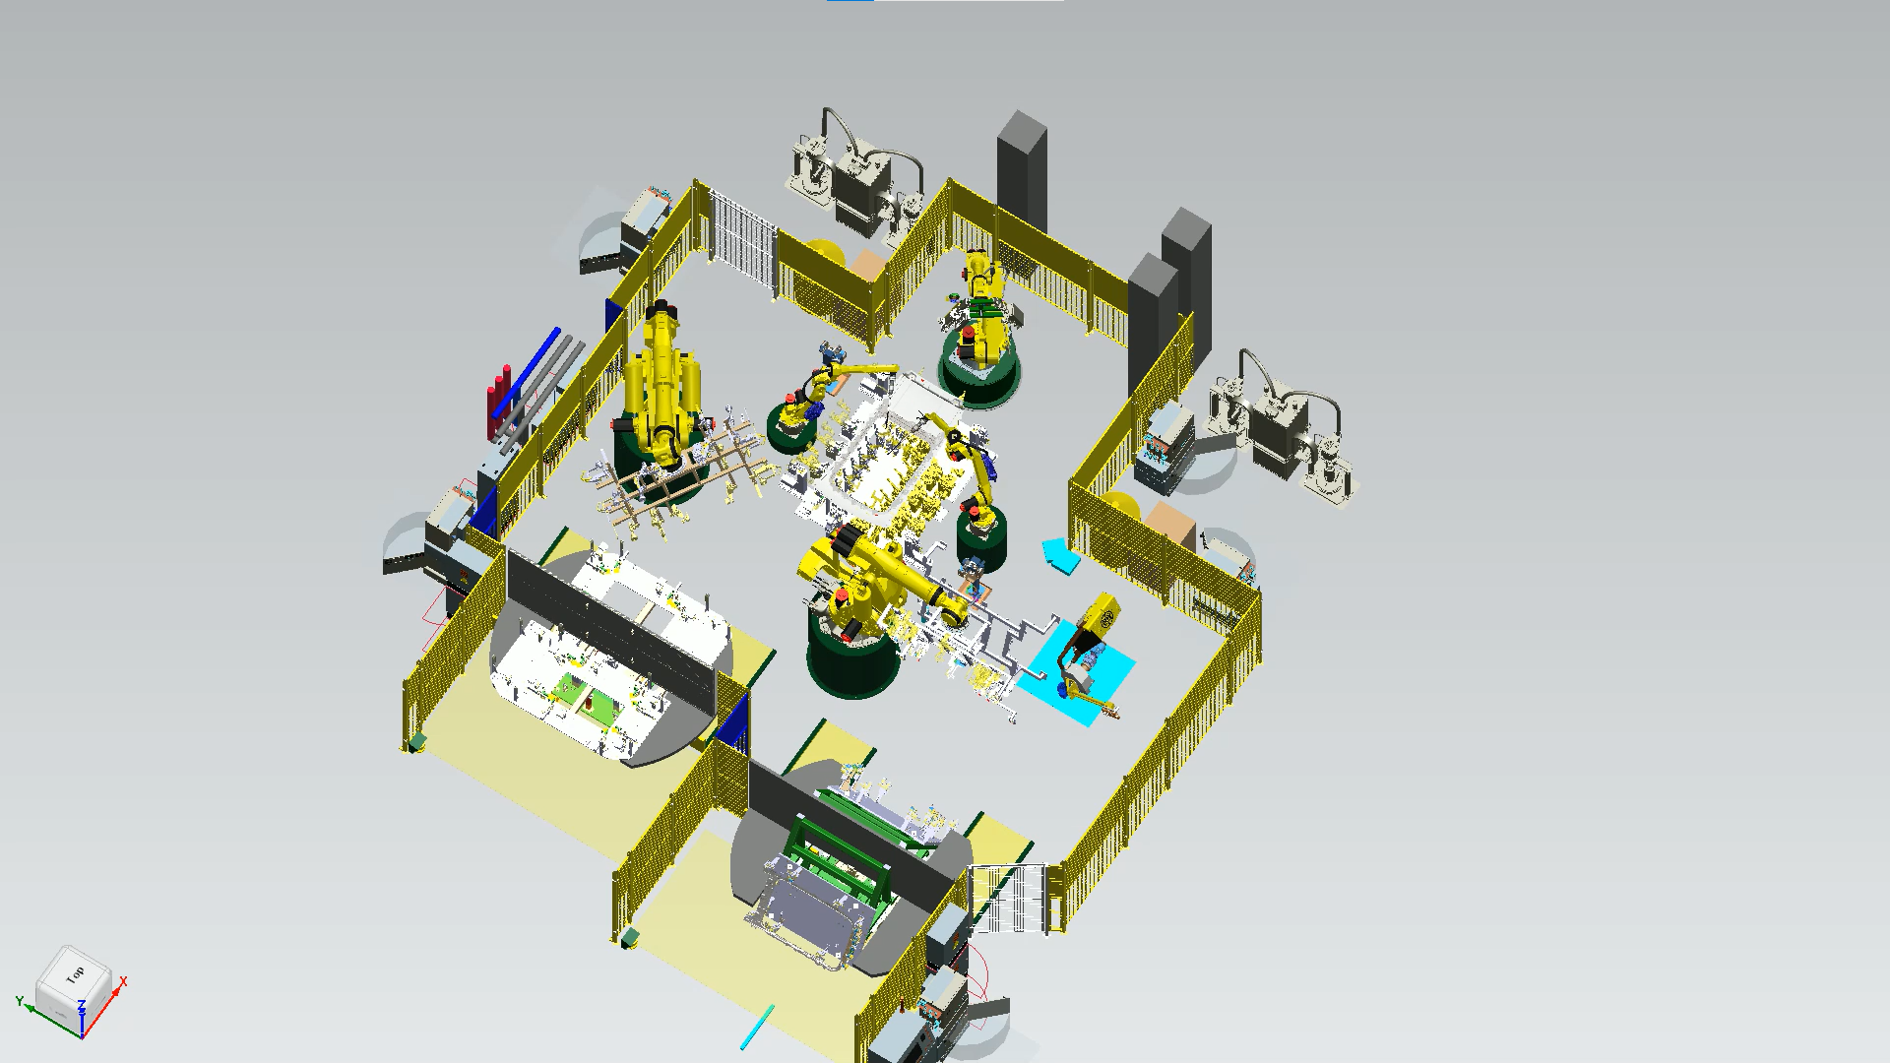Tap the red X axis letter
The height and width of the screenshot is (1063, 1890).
click(x=123, y=981)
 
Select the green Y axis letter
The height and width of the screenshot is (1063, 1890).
click(x=20, y=1001)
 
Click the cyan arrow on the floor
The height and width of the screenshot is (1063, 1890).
click(x=1060, y=554)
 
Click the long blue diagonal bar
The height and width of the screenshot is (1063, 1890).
click(x=527, y=373)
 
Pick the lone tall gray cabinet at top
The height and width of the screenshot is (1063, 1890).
click(x=1022, y=172)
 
